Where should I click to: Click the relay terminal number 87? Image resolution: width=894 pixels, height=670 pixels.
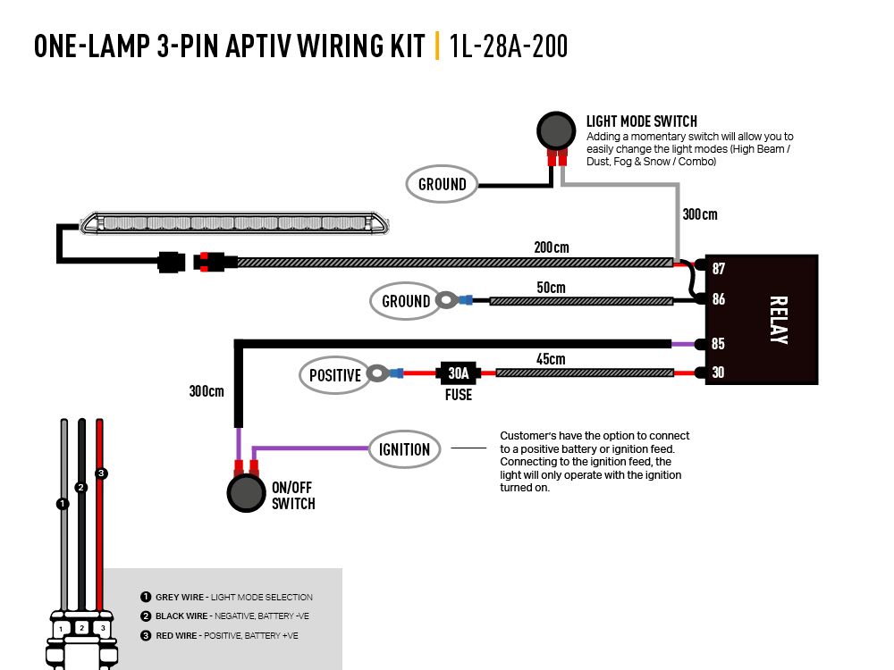pos(719,269)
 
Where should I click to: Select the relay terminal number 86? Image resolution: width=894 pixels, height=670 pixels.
pos(719,300)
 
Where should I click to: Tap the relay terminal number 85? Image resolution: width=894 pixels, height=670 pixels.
pos(719,344)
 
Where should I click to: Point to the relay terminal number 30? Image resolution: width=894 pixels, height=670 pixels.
pos(719,373)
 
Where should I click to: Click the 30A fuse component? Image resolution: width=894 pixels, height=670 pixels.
pos(459,373)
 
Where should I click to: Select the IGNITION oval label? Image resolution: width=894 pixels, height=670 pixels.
pos(405,449)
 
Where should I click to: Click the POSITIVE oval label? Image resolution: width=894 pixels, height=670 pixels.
pos(334,375)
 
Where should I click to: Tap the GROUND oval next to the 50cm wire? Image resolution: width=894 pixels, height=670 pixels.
pos(406,301)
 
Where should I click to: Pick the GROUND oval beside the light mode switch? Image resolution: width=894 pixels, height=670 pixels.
pos(443,185)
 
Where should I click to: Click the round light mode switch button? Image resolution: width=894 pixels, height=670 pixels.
pos(556,130)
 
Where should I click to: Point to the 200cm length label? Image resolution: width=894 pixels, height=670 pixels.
pos(552,247)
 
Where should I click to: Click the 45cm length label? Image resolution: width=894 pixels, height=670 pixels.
pos(552,359)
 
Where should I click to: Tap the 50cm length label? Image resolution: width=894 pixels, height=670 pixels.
pos(552,288)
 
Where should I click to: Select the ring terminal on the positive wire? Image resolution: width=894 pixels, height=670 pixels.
pos(379,373)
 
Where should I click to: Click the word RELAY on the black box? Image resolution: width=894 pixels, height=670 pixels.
pos(777,320)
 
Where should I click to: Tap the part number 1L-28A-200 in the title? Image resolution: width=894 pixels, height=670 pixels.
pos(509,46)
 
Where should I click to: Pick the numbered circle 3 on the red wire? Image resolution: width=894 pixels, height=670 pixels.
pos(101,473)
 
